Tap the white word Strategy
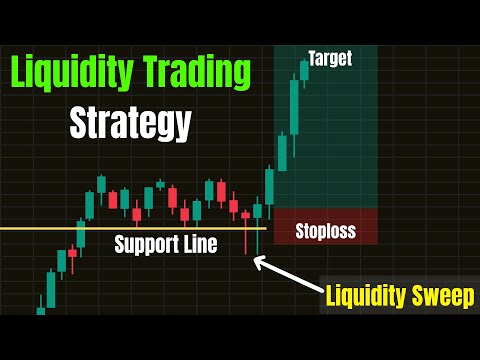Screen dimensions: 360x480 pyautogui.click(x=130, y=124)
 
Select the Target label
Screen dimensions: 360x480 pyautogui.click(x=329, y=58)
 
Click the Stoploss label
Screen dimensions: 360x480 pyautogui.click(x=325, y=233)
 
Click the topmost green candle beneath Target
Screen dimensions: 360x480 pyautogui.click(x=304, y=71)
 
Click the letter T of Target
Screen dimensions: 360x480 pyautogui.click(x=313, y=58)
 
